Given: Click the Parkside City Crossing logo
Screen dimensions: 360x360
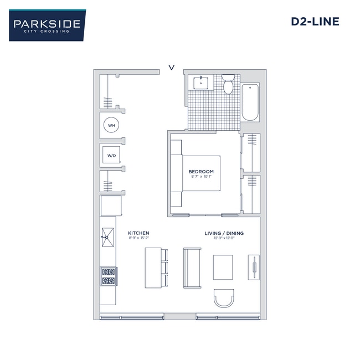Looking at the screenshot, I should (47, 25).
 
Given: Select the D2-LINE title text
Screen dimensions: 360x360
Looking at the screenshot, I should (315, 22).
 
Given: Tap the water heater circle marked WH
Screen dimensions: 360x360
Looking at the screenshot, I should (111, 126).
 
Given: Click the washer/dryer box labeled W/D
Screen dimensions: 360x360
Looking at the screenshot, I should (111, 156).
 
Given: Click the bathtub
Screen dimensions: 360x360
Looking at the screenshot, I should (250, 102).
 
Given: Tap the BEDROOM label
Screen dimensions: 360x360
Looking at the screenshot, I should (200, 172).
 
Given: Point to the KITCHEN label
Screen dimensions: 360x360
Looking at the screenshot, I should (138, 233).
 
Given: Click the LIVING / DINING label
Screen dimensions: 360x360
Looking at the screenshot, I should (224, 233).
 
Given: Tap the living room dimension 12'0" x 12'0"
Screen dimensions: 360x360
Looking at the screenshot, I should (224, 239).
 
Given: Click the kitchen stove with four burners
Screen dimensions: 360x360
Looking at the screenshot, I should (108, 276).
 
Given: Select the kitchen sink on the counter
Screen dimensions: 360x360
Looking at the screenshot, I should (107, 239).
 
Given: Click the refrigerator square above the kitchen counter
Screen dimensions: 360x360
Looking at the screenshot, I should (110, 206).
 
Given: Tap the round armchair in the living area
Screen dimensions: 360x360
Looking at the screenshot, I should (224, 298).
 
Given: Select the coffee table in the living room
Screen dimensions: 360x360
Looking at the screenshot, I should (223, 269).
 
